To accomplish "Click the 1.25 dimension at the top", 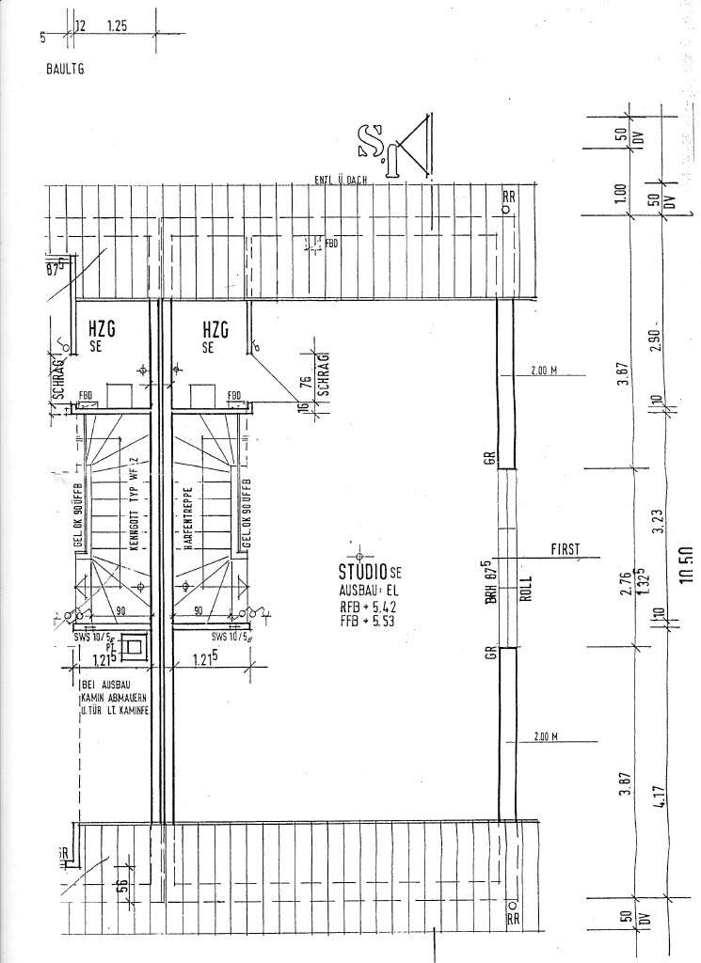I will pyautogui.click(x=117, y=28).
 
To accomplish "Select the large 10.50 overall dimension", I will pyautogui.click(x=684, y=565).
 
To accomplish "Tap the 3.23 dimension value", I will pyautogui.click(x=658, y=520).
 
